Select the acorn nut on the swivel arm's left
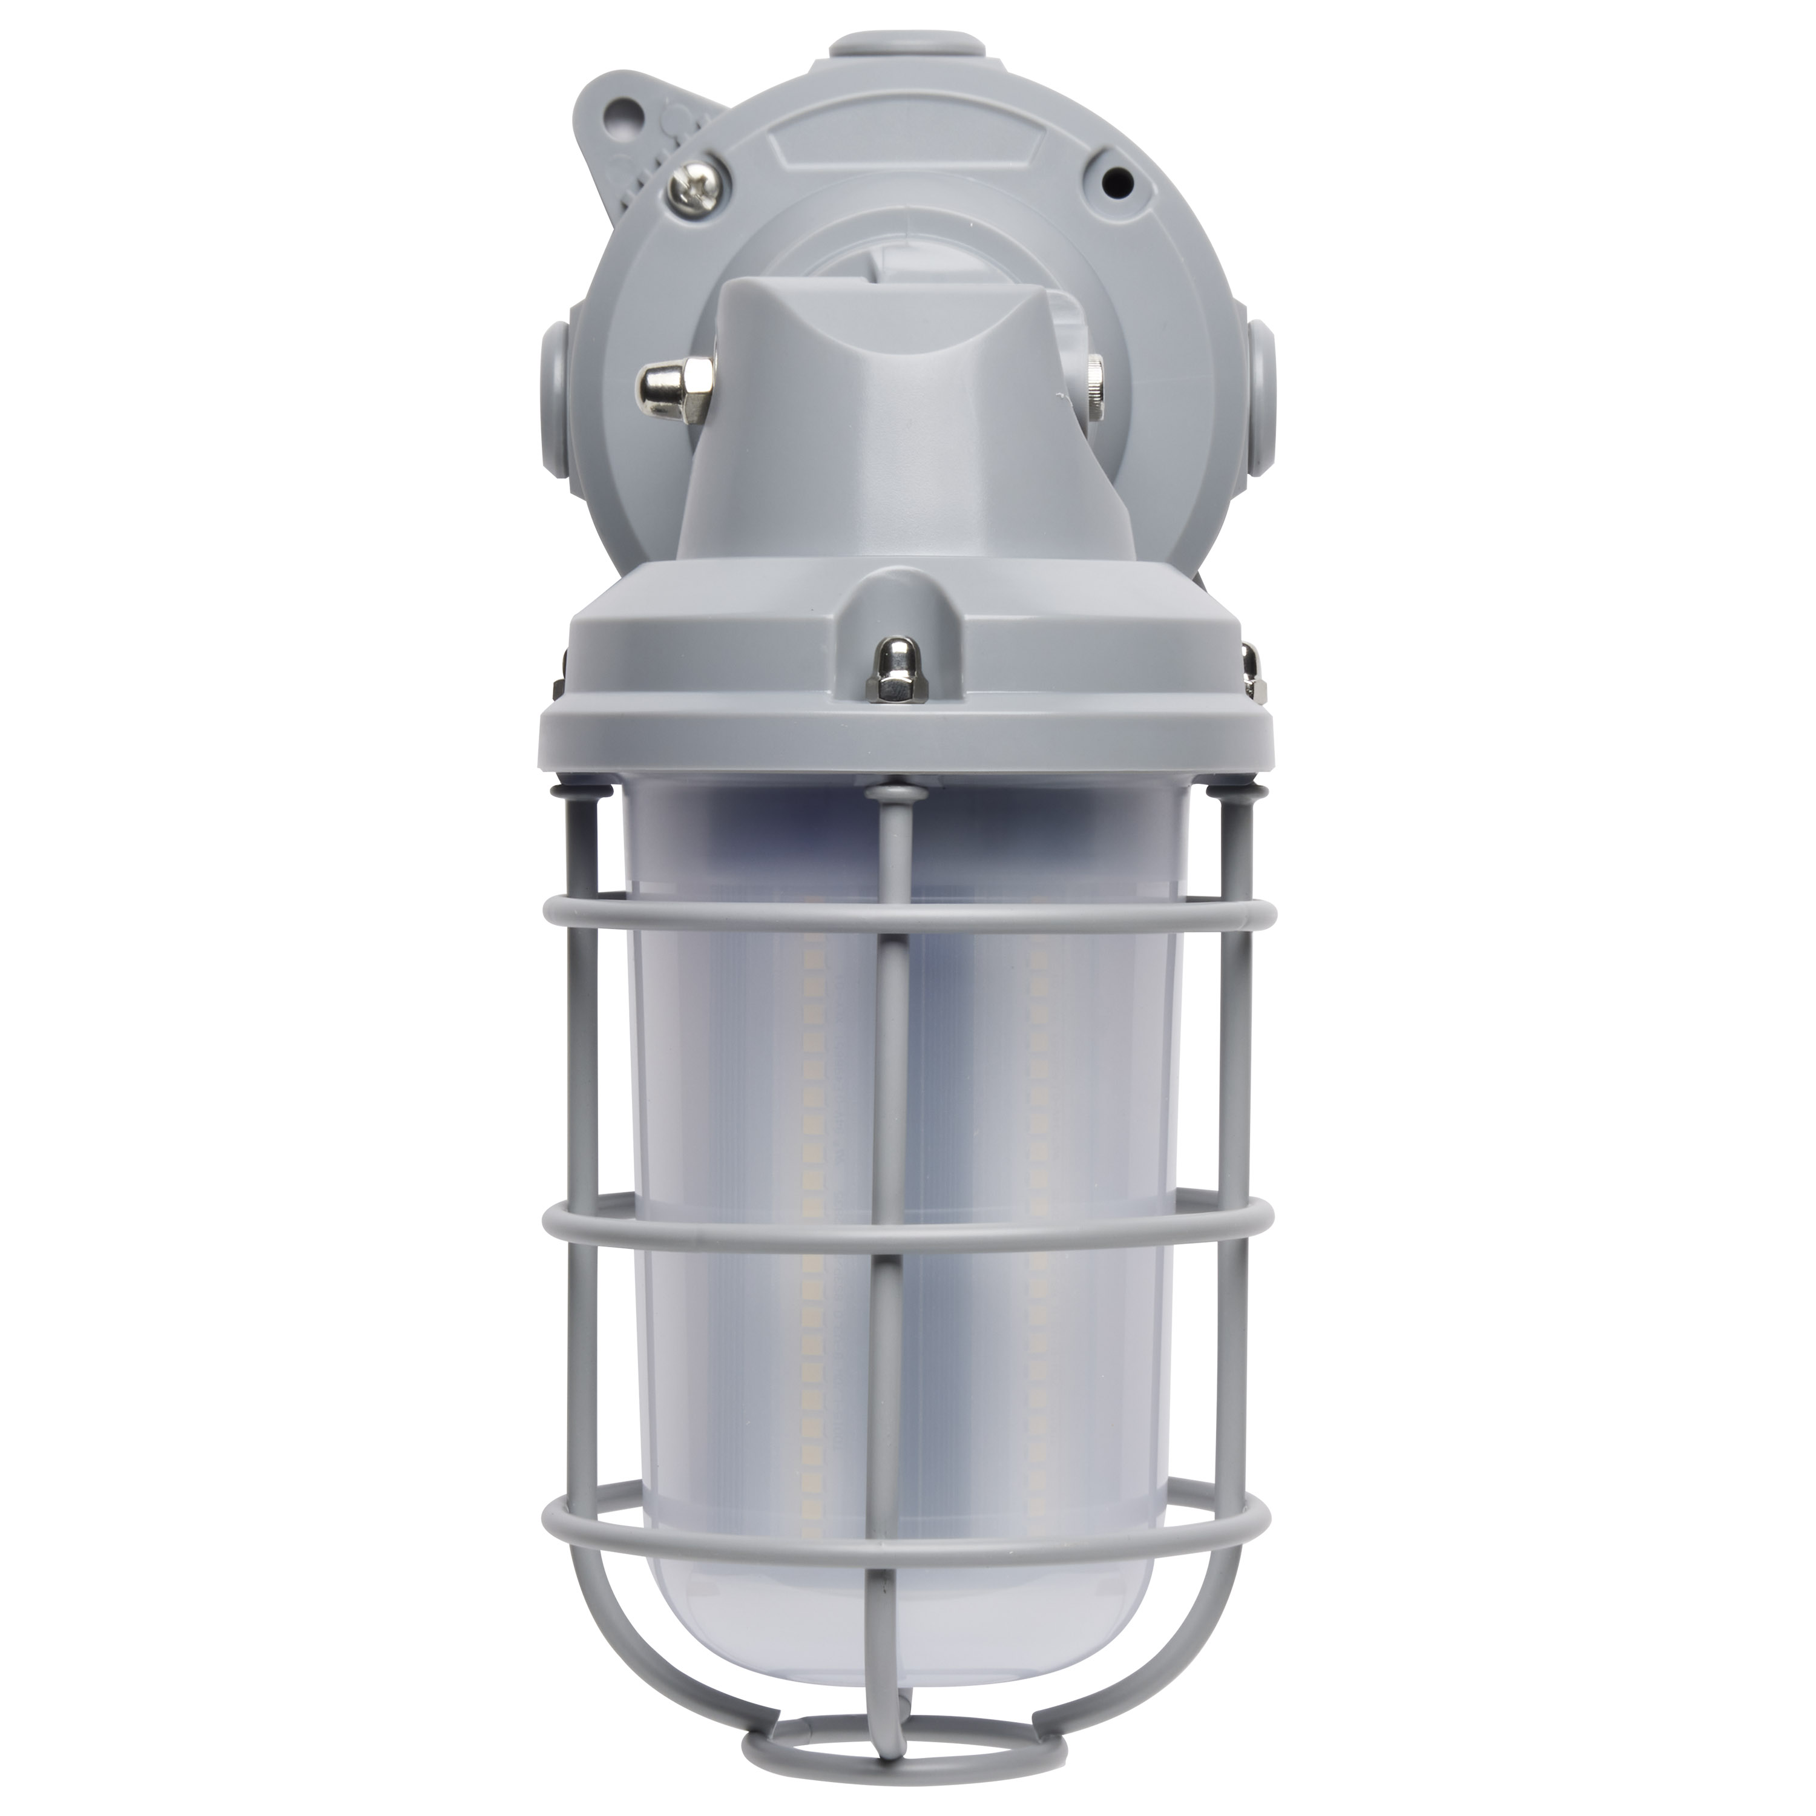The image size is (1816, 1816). pos(670,381)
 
